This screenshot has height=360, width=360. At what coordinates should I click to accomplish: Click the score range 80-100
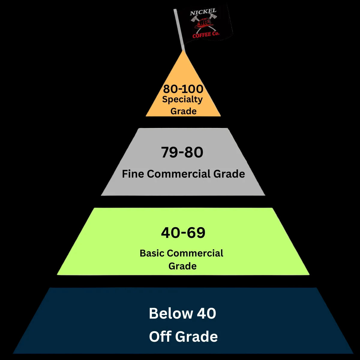coord(183,89)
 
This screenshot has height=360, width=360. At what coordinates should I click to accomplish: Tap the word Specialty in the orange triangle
coord(182,100)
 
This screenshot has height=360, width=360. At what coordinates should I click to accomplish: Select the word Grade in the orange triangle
coord(183,111)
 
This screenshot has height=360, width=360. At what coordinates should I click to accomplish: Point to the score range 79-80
coord(182,152)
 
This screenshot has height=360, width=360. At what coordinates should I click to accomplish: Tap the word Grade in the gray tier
coord(229,174)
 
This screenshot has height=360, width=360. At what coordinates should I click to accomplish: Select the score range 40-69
coord(183,233)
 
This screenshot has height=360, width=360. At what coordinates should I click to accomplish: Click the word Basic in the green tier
coord(152,253)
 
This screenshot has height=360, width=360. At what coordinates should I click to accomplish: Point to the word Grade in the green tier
coord(182,266)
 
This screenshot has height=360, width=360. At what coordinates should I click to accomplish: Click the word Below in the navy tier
coord(171,313)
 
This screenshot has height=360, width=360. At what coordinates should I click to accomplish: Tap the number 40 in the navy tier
coord(206,313)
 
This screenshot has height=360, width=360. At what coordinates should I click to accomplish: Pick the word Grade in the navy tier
coord(196,337)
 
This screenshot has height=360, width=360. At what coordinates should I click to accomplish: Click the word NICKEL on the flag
coord(203,13)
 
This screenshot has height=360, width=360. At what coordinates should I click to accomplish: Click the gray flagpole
coord(179,30)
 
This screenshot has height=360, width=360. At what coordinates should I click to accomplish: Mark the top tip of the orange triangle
coord(183,51)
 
